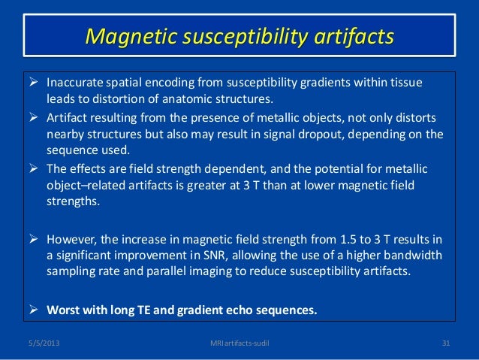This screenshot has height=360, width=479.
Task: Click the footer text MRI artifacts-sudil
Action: (239, 344)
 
